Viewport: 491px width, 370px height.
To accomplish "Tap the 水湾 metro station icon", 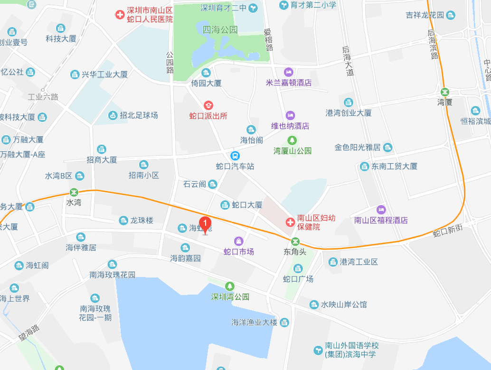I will point(74,193).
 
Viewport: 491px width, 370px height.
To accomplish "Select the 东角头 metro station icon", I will point(295,241).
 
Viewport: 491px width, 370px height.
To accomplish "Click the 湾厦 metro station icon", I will point(445,92).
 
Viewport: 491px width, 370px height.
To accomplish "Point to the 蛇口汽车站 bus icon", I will point(235,156).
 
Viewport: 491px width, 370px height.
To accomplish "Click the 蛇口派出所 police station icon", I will point(208,105).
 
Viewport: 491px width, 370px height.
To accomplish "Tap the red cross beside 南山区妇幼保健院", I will point(289,222).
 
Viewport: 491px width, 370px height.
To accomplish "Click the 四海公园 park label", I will point(220,30).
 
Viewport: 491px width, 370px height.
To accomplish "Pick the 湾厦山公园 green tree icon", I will point(292,140).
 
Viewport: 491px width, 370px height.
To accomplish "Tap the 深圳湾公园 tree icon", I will point(230,286).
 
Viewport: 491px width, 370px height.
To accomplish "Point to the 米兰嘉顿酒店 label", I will point(289,83).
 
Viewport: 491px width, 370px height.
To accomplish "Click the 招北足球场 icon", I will point(113,115).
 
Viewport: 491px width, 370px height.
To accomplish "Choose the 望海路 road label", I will point(28,334).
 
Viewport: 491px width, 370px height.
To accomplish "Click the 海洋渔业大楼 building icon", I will point(284,323).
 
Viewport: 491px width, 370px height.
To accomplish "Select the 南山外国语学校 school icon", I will point(318,350).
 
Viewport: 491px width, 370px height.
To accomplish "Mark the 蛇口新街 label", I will point(447,231).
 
